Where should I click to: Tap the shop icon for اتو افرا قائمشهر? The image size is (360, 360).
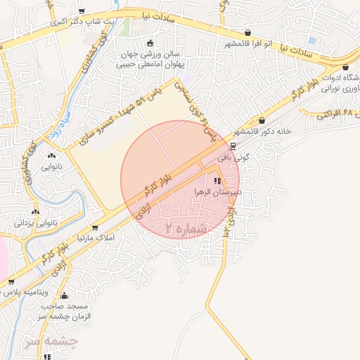point(248,32)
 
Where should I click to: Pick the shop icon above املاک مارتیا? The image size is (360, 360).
point(95,228)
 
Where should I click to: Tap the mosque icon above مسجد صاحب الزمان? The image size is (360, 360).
point(65,296)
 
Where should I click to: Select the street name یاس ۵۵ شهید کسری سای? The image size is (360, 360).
point(115,121)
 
